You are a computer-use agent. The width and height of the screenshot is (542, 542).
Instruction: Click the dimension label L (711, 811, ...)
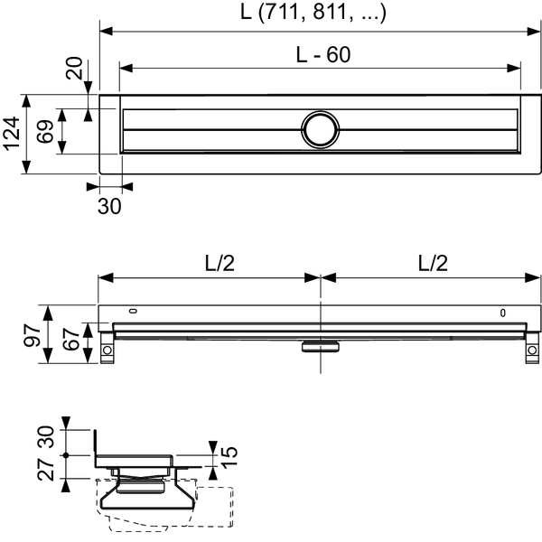pos(313,13)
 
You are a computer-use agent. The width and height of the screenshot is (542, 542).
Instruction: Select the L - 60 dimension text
pos(323,54)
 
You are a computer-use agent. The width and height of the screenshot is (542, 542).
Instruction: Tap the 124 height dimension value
pos(12,134)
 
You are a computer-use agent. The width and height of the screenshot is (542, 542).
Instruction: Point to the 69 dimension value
pos(46,131)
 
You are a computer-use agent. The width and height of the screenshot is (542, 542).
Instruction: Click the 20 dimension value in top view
pos(74,68)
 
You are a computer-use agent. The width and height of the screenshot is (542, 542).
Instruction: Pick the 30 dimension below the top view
pos(109,206)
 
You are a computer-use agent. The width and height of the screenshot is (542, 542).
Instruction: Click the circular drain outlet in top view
pos(320,130)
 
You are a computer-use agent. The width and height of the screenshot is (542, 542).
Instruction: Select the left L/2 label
pos(220,264)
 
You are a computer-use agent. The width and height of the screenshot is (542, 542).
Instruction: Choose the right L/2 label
pos(433,264)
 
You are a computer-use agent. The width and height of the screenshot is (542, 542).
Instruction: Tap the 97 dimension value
pos(33,335)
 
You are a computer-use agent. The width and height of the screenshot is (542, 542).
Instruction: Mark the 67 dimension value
pos(71,339)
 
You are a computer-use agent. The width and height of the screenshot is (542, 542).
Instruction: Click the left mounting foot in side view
pos(107,348)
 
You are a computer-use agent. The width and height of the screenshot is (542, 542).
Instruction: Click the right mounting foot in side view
pos(532,348)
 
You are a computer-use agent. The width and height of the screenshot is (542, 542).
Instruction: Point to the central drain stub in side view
pos(321,346)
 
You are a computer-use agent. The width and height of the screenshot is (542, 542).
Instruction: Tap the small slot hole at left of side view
pos(133,311)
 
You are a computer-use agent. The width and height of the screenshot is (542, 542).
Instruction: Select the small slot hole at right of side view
pos(503,313)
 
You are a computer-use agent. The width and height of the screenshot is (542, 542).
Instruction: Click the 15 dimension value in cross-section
pos(229,457)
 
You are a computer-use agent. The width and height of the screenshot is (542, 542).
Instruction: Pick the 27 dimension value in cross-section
pos(46,470)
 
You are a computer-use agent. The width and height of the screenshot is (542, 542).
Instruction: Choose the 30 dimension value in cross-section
pos(46,437)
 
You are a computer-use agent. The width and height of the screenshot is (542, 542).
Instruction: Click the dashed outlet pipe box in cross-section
pos(214,507)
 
